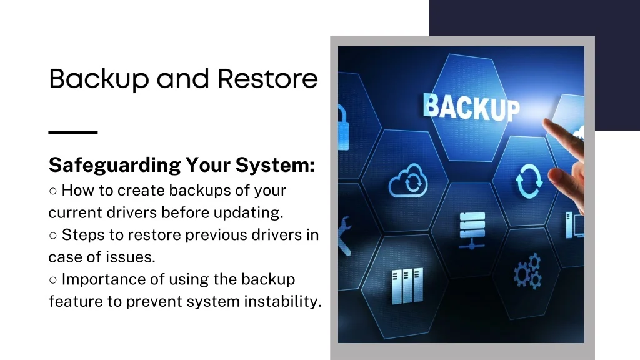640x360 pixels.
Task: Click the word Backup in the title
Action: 99,79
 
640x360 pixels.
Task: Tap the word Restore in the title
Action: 267,78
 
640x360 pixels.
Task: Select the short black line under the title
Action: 73,132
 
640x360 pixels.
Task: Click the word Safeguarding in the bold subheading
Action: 115,165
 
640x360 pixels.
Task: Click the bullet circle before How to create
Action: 52,191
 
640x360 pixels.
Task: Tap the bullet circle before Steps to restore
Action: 52,236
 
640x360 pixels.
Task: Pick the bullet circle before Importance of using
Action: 52,280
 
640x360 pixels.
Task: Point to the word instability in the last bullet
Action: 282,302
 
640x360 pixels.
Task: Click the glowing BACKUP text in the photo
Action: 471,107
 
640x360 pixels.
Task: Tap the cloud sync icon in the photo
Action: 408,181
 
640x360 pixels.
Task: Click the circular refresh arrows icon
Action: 529,181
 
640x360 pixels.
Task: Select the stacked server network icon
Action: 472,231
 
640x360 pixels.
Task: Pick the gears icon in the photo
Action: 527,271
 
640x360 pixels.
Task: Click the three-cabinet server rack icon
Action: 407,286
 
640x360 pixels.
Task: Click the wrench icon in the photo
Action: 344,236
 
